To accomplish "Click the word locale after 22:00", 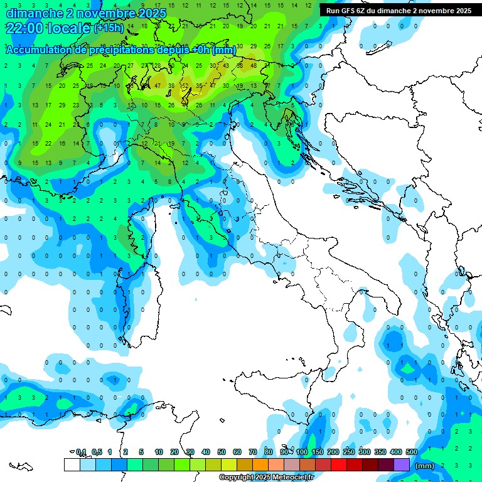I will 69,28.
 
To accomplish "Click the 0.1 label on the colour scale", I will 81,452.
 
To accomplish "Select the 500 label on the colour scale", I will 412,452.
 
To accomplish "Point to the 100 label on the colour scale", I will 302,452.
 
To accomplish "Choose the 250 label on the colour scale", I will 349,452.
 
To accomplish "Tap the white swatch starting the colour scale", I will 72,465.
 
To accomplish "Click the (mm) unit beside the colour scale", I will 425,466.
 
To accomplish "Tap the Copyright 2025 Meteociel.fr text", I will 267,477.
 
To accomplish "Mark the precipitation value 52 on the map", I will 185,85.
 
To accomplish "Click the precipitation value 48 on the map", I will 253,65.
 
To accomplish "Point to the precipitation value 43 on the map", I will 226,65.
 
